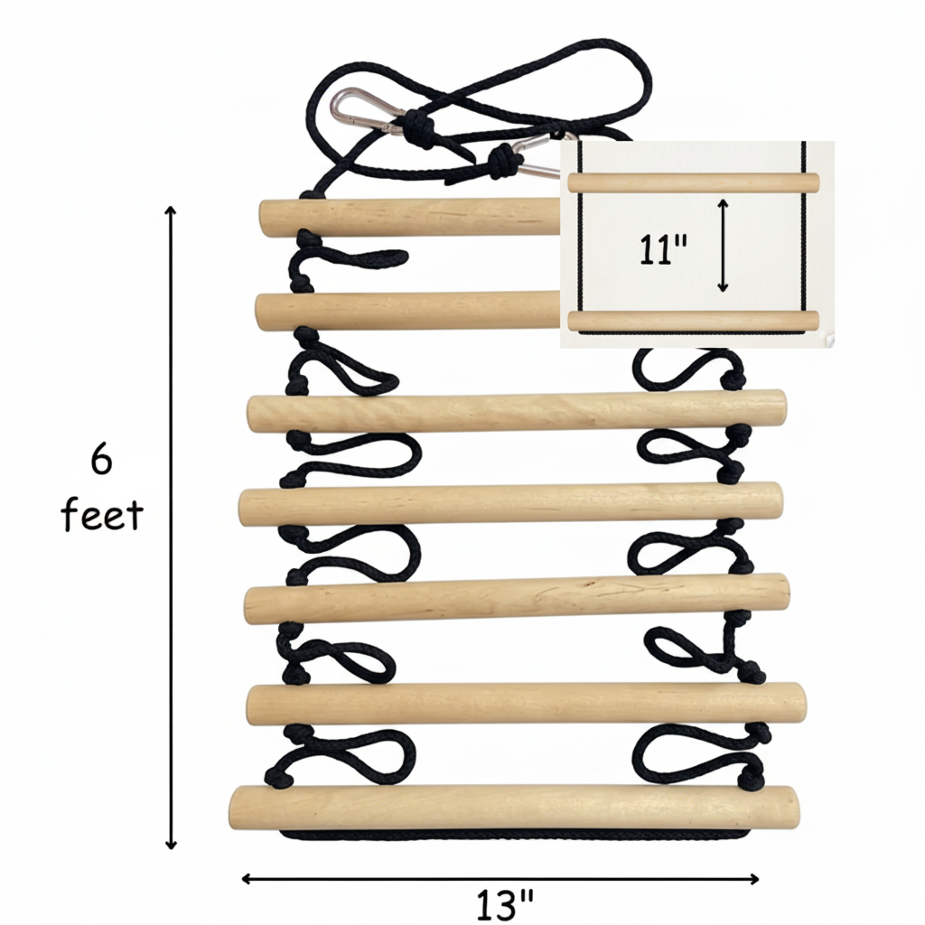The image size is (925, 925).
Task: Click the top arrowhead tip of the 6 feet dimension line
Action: tap(171, 207)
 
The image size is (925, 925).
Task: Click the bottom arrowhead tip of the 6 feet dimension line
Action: tap(171, 849)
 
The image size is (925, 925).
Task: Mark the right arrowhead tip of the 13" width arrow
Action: tap(759, 879)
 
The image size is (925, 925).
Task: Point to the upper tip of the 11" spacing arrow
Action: tap(724, 200)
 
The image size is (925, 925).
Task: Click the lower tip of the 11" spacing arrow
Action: tap(724, 292)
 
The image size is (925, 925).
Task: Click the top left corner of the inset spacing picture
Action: tap(560, 142)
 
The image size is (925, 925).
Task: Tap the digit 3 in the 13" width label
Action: tap(501, 905)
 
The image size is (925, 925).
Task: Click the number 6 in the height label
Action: tap(101, 460)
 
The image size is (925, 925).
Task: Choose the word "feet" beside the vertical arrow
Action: tap(101, 514)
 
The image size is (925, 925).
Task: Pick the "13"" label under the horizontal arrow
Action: tap(505, 905)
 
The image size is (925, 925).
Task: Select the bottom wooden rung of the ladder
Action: tap(514, 807)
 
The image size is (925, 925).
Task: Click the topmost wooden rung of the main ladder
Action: tap(410, 218)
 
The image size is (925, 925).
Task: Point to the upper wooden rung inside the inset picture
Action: tap(693, 182)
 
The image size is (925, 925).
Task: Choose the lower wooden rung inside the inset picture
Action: tap(693, 321)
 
